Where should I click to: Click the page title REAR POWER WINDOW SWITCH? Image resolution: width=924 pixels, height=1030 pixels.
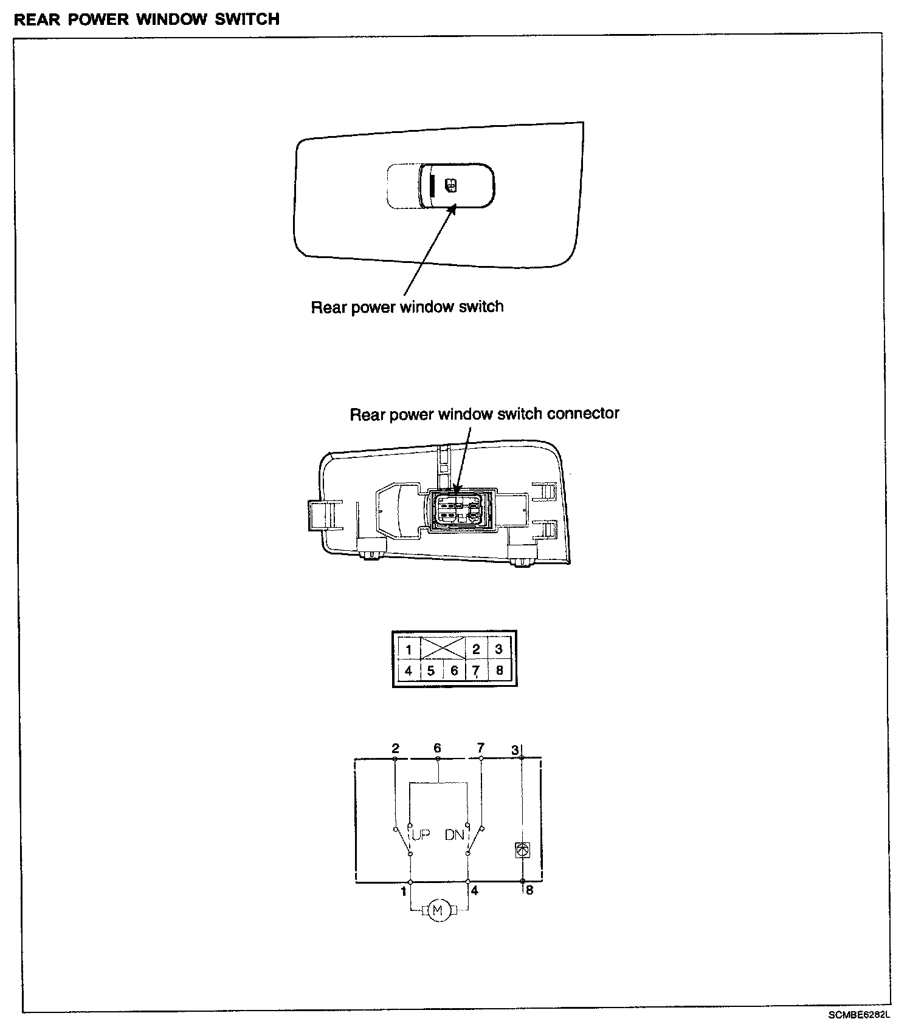click(147, 19)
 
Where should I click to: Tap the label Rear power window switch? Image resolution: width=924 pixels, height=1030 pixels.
click(407, 307)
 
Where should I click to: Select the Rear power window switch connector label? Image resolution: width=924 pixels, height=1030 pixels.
click(484, 414)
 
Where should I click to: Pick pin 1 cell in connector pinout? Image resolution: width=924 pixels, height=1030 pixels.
click(409, 649)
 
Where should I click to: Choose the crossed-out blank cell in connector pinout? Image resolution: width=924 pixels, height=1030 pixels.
click(443, 648)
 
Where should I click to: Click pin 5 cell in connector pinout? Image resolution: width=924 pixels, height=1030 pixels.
click(431, 671)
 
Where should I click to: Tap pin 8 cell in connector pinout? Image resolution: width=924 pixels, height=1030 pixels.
click(500, 671)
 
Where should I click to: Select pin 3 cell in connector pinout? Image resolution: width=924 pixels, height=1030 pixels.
click(499, 649)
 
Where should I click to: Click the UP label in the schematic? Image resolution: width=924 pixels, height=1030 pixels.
click(421, 835)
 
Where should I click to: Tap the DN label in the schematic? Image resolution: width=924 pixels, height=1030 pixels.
click(454, 835)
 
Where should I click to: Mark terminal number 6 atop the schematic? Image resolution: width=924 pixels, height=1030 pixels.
click(437, 748)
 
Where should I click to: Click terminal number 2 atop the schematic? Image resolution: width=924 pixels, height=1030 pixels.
click(395, 748)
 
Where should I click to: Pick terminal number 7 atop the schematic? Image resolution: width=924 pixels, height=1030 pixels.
click(481, 748)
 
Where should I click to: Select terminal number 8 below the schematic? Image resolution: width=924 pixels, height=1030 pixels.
click(529, 891)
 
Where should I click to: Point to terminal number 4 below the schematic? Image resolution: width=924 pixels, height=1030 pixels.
click(475, 891)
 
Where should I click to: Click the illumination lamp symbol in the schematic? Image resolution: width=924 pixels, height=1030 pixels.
click(522, 850)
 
